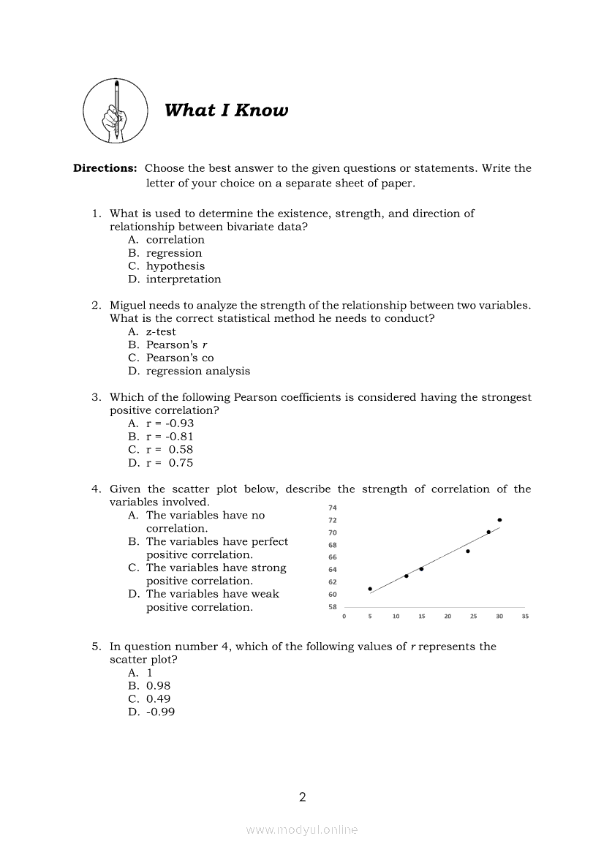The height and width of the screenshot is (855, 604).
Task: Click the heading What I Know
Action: tap(226, 110)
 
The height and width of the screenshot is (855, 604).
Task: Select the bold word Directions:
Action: tap(105, 168)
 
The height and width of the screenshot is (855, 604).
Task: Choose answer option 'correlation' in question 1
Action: tap(175, 240)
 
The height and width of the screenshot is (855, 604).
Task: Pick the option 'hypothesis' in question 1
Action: tap(175, 266)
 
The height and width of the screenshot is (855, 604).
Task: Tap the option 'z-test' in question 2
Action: tap(161, 332)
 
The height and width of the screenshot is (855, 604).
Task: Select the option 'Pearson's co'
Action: tap(180, 358)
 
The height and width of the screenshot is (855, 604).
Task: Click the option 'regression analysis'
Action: tap(197, 372)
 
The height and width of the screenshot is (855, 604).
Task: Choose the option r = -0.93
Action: tap(170, 423)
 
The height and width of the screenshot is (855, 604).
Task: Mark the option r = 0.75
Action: tap(170, 463)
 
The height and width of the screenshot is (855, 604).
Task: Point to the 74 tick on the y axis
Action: tap(333, 508)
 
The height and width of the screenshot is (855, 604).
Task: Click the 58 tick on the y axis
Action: tap(333, 607)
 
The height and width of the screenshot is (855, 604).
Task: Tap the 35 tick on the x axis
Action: tap(525, 617)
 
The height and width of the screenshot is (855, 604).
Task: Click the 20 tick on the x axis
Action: tap(448, 617)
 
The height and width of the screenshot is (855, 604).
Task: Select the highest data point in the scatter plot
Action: tap(499, 520)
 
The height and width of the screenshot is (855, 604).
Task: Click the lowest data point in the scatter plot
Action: tap(370, 589)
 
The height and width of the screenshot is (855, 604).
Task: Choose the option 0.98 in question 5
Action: tap(158, 686)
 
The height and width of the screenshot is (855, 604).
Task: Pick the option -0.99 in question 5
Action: tap(160, 712)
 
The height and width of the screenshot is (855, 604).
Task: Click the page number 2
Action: tap(302, 797)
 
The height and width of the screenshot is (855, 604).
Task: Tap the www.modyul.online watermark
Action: tap(302, 830)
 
